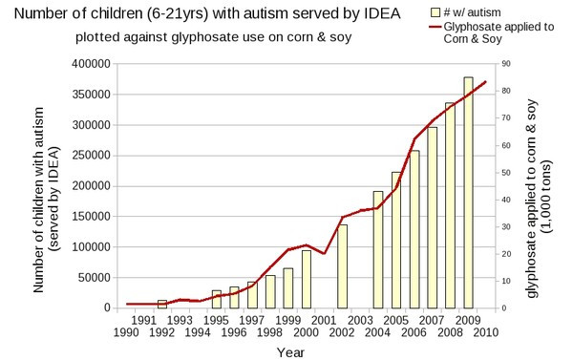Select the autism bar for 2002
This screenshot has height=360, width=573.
(x=343, y=266)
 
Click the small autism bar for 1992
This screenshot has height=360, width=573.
(x=162, y=304)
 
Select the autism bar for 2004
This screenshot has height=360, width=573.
(x=379, y=249)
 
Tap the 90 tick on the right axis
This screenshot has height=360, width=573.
(x=500, y=64)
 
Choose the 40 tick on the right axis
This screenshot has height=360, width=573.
(x=500, y=200)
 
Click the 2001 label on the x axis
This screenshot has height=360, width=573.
(x=324, y=320)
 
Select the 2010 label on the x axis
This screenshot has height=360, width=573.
(x=486, y=332)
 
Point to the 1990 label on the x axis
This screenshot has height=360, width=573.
(x=126, y=332)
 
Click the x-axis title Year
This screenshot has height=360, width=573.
(x=291, y=352)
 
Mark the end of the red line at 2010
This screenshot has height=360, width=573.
(x=486, y=81)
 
